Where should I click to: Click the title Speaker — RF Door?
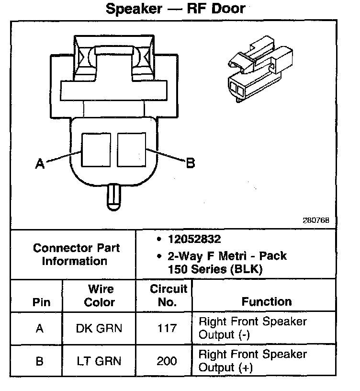(x=175, y=9)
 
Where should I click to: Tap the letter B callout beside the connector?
(x=190, y=163)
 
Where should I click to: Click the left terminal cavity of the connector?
(x=97, y=149)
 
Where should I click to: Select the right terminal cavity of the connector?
(x=131, y=149)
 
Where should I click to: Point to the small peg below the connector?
(x=114, y=196)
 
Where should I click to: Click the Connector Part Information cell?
(x=77, y=254)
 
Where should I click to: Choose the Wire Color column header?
(x=100, y=296)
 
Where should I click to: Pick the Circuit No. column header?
(x=169, y=296)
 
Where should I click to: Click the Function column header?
(x=266, y=302)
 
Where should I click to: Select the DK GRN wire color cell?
(x=99, y=329)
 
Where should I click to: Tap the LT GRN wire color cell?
(x=99, y=361)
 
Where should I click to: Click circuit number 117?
(x=167, y=329)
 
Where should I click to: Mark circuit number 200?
(x=167, y=361)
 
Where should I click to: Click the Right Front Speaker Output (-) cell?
(x=252, y=328)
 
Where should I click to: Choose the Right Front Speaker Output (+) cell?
(x=252, y=361)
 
